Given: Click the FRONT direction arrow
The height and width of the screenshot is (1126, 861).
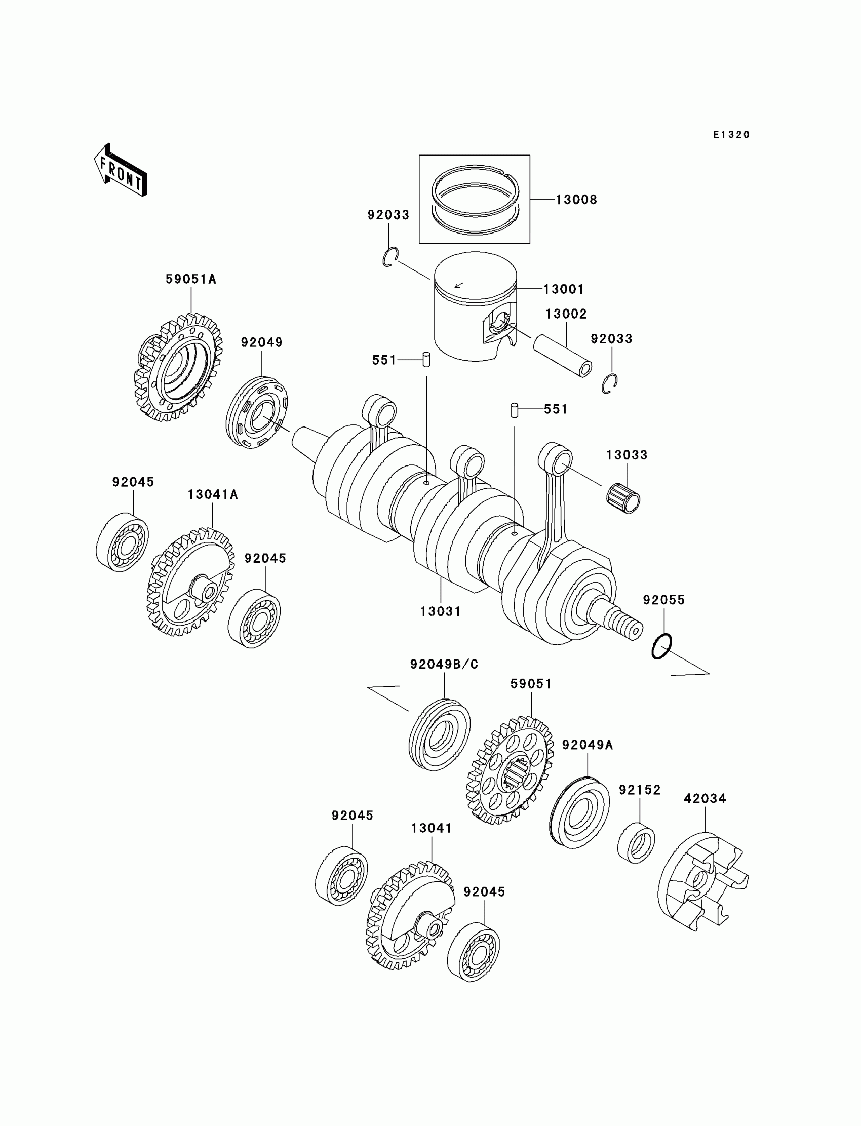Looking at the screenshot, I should tap(121, 171).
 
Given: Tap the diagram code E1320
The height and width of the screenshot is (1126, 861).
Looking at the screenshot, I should tap(731, 135).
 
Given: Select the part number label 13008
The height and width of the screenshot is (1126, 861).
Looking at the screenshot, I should tap(576, 200).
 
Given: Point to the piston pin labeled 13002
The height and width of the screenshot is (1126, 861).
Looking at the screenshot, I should tap(563, 357).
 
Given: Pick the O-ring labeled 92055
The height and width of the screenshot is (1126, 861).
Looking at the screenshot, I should tap(661, 646).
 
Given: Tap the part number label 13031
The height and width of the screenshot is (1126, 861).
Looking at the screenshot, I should tap(440, 611).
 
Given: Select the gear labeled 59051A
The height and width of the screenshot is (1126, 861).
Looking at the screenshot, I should tap(180, 367).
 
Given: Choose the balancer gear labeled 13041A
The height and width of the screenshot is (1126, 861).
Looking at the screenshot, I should tap(190, 582).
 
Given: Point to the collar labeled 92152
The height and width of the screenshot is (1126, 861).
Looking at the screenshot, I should tap(636, 842).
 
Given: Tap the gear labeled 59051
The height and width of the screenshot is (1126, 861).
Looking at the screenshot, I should tap(511, 769).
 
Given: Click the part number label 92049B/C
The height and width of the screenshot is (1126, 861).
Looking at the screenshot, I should tap(444, 664).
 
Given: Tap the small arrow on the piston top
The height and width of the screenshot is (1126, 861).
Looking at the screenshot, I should tap(459, 285).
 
